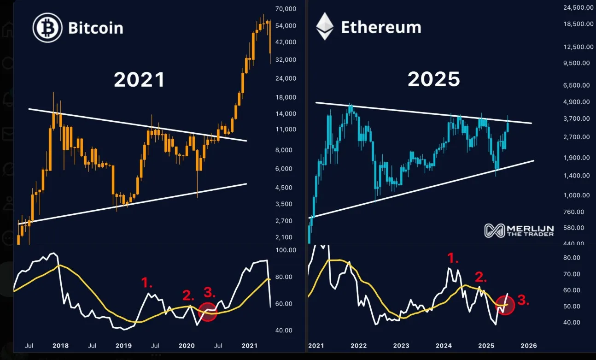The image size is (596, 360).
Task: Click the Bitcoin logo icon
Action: (x=47, y=28)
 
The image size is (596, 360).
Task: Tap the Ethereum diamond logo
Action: (x=324, y=26)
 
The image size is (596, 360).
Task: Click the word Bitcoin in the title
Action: (x=96, y=28)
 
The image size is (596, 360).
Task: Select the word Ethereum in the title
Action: (x=381, y=27)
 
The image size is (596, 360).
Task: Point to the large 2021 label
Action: (x=139, y=80)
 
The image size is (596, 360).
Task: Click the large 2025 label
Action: (x=434, y=80)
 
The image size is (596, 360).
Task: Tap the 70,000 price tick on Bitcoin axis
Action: (x=284, y=9)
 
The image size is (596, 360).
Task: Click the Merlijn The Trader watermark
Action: (x=519, y=230)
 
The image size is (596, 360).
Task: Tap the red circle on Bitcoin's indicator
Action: (x=208, y=312)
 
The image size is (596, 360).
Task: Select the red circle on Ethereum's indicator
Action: (x=505, y=305)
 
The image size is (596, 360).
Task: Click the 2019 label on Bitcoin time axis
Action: (x=123, y=346)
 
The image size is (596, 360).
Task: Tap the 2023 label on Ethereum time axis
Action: (x=401, y=346)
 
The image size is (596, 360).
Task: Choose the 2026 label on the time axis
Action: (x=528, y=346)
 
